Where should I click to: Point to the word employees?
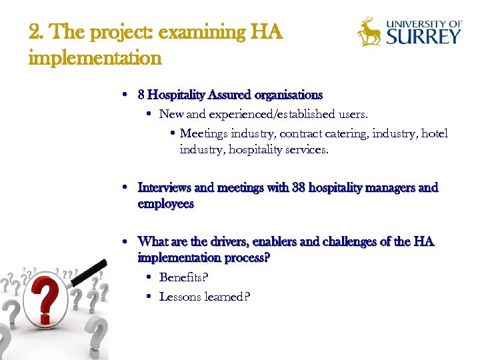pyautogui.click(x=165, y=204)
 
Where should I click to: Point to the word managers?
pyautogui.click(x=392, y=188)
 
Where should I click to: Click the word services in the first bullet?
pyautogui.click(x=306, y=150)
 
